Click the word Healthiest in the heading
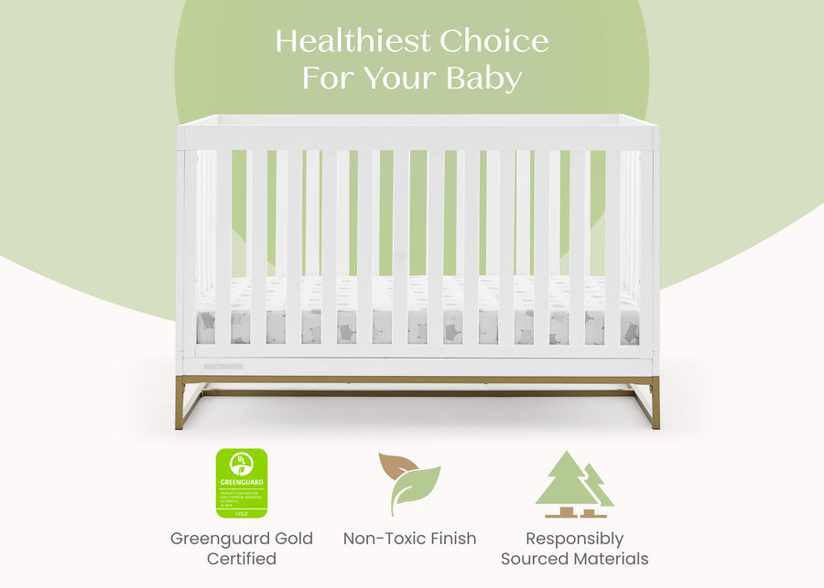(x=352, y=41)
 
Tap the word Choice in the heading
(x=493, y=41)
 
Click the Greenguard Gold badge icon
(x=242, y=483)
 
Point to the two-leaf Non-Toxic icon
(x=409, y=484)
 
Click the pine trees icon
(x=574, y=484)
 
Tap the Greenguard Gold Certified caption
(x=242, y=548)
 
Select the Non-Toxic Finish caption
(x=409, y=539)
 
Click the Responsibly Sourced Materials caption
(x=574, y=548)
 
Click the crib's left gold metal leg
(x=181, y=403)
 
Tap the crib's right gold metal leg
(x=654, y=403)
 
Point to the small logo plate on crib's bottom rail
(x=223, y=367)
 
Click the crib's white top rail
(x=417, y=121)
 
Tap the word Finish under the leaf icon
(x=448, y=539)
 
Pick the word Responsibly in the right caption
(x=574, y=539)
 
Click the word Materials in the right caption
(x=613, y=558)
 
